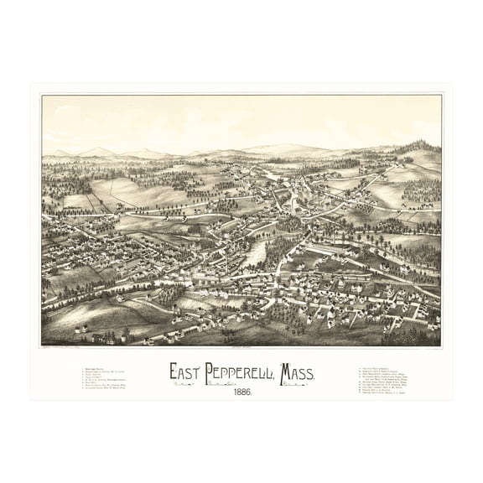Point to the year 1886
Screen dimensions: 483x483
(x=241, y=392)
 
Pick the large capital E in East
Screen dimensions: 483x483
(x=174, y=371)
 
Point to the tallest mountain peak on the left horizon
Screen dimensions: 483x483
(x=98, y=151)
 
